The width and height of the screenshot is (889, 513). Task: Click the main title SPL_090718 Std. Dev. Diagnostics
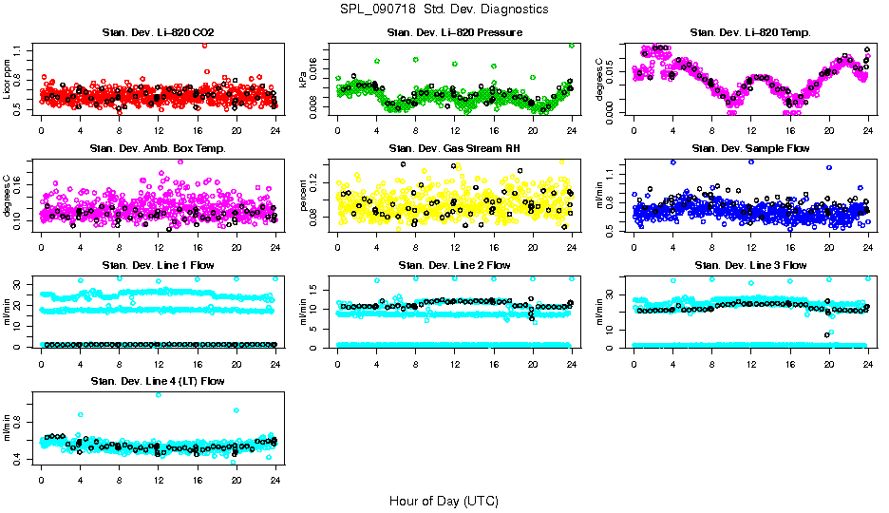click(444, 9)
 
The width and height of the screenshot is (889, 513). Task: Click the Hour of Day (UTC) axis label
click(444, 501)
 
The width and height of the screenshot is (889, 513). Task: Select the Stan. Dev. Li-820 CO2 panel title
click(158, 33)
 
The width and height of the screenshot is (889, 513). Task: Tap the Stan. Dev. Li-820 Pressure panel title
click(454, 33)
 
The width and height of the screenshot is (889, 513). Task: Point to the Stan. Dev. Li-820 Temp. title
click(750, 33)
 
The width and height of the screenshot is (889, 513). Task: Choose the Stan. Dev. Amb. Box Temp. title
click(158, 149)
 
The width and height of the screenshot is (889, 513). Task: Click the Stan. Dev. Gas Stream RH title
click(454, 149)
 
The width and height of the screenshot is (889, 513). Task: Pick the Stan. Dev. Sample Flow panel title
click(750, 149)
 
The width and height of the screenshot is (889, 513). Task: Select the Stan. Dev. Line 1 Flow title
click(158, 265)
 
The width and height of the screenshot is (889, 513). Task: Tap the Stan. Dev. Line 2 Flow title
click(454, 265)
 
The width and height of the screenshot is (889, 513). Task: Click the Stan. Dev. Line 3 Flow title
click(750, 265)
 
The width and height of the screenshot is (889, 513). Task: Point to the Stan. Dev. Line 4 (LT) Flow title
click(158, 381)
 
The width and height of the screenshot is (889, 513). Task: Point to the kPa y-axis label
click(304, 80)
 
